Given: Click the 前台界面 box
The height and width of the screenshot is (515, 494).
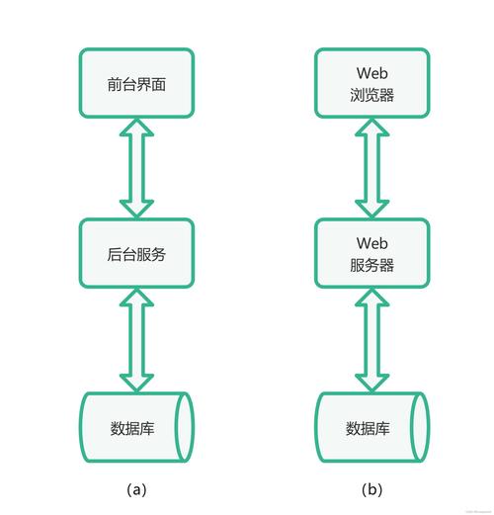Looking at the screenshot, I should [137, 83].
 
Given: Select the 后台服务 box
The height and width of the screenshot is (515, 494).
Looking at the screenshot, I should [137, 254].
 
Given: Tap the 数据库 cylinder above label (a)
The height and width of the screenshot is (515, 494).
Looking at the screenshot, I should [137, 428].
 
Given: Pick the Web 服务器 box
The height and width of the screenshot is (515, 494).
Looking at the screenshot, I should [371, 254].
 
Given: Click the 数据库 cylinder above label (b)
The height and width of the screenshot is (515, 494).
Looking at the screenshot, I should [371, 428].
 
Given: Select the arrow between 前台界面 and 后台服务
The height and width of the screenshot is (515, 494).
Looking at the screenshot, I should [137, 168].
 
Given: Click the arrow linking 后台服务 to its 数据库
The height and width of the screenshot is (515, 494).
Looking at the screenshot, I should [137, 341].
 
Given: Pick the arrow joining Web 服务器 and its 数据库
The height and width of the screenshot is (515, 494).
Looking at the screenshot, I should [371, 341].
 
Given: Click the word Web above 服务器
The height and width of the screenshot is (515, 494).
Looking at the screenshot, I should [371, 243].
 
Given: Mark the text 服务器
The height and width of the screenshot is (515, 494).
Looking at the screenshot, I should [371, 266].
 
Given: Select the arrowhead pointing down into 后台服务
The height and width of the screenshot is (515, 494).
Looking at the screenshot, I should [137, 208].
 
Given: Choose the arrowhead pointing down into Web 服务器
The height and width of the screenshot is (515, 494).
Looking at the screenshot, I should [371, 207].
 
